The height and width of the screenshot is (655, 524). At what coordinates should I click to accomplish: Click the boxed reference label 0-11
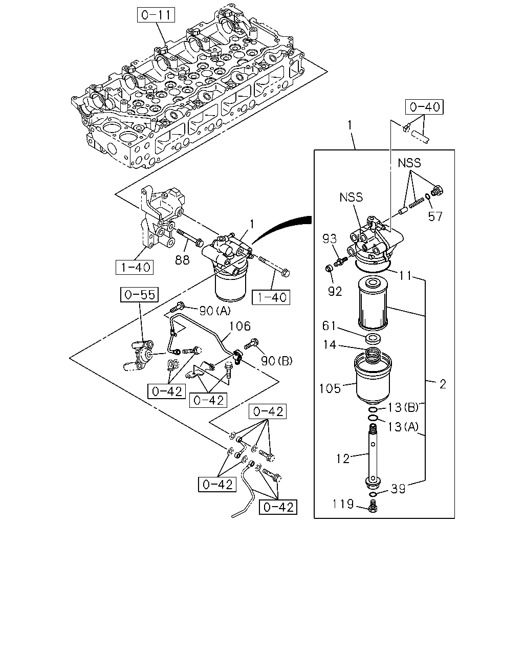pos(156,15)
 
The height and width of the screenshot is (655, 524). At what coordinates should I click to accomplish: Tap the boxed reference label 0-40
pos(424,107)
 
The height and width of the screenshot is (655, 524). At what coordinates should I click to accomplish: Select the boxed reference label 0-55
pos(140,294)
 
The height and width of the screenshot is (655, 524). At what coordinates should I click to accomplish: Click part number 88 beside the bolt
pos(182,260)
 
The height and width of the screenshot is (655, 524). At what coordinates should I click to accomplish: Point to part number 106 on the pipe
pos(239,326)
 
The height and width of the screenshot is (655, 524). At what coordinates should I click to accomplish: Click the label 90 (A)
pos(215,311)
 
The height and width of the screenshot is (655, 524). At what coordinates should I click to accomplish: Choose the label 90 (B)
pos(276,361)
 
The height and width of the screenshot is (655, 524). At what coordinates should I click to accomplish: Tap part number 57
pos(435,216)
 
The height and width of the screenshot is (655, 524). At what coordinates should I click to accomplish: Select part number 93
pos(330,239)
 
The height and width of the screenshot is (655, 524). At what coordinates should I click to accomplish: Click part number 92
pos(335,291)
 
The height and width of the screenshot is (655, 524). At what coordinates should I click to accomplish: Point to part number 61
pos(329,326)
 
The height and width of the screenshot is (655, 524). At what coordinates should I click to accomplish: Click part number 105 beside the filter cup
pos(330,389)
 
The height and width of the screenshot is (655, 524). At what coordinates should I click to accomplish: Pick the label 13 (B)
pos(403,407)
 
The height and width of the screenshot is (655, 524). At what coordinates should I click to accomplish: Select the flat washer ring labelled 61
pos(373,338)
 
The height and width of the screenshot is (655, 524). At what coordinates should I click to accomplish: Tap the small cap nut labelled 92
pos(329,269)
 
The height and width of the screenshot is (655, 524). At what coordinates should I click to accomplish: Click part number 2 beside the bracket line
pos(443,384)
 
